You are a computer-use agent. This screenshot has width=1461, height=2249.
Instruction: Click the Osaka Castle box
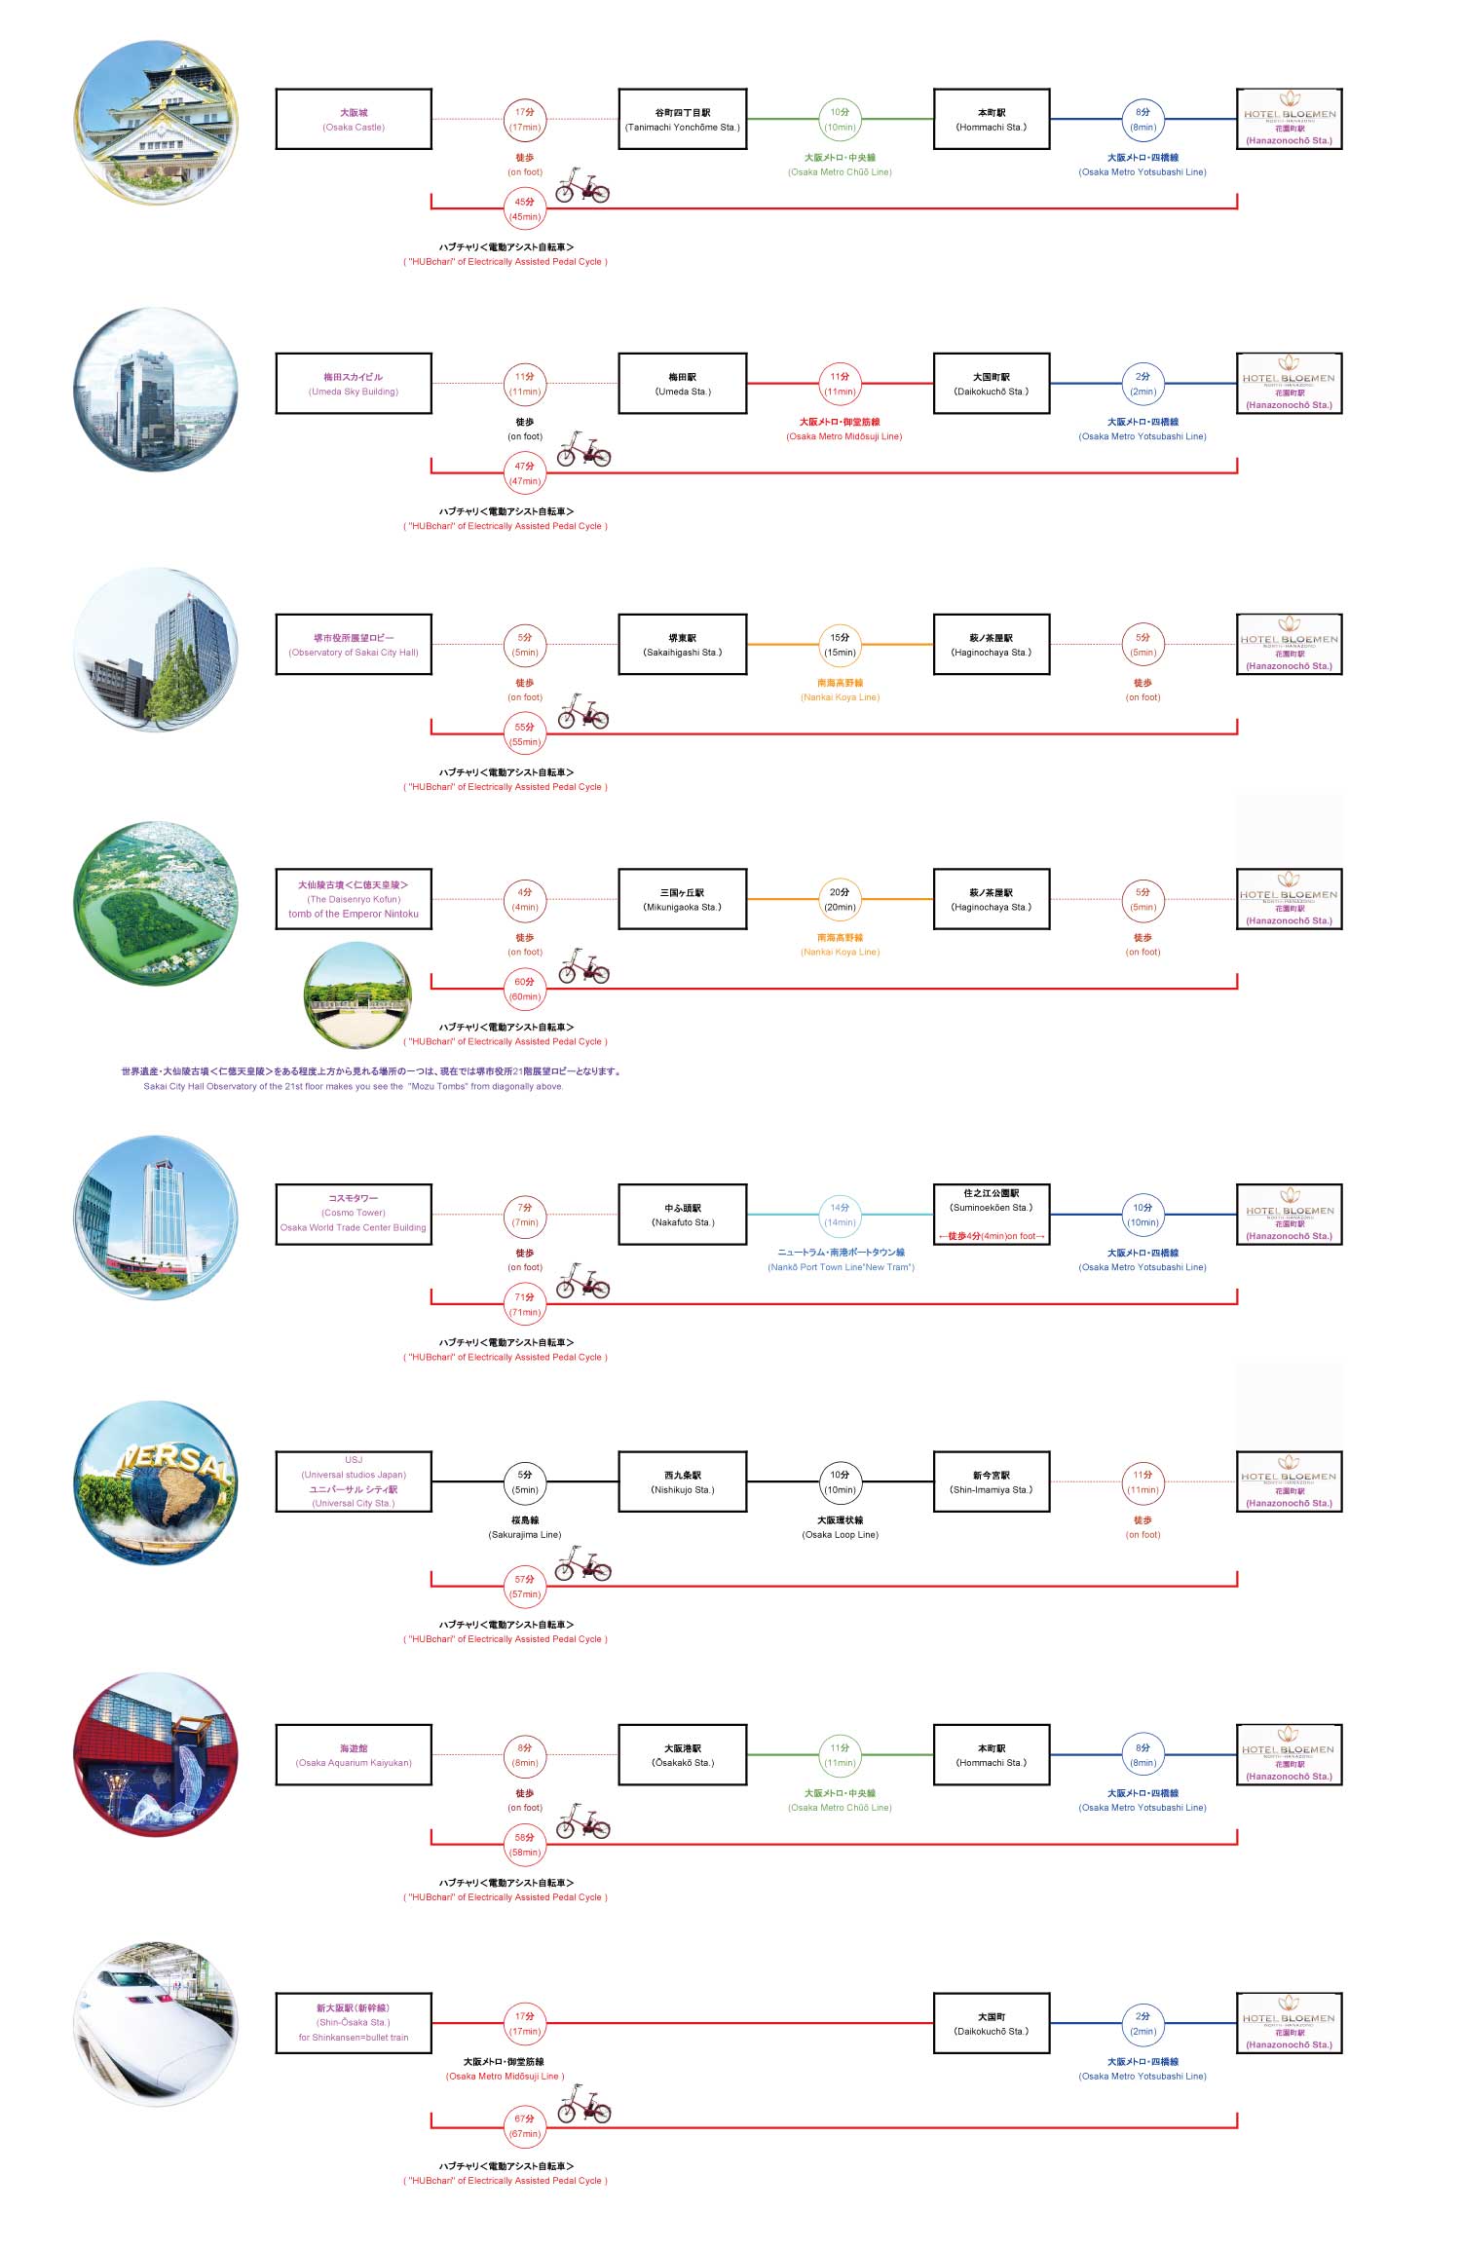(x=354, y=120)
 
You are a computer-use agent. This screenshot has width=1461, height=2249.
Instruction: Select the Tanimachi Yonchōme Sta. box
(x=682, y=120)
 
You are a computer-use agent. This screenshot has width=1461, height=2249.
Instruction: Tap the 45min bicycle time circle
(x=525, y=209)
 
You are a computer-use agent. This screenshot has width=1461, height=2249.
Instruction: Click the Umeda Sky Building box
(x=354, y=384)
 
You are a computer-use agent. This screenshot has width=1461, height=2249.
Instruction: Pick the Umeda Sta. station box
(x=682, y=384)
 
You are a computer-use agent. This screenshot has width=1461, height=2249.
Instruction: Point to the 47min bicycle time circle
(x=525, y=473)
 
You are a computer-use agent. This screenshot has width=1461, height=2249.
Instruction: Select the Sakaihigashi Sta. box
(x=682, y=645)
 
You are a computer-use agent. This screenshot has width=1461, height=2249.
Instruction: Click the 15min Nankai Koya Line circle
(x=840, y=645)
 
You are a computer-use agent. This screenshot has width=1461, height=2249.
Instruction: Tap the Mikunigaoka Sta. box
(x=682, y=899)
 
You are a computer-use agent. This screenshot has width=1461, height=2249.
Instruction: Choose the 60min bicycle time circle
(x=525, y=989)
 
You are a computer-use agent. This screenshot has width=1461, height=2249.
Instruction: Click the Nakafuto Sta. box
(x=682, y=1215)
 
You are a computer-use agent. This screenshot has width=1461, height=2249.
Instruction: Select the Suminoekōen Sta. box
(x=992, y=1215)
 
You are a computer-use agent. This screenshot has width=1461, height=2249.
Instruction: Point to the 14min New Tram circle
(x=840, y=1215)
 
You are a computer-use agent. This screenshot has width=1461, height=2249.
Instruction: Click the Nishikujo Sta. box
(x=682, y=1481)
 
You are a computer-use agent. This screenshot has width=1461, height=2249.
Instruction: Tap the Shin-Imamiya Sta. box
(x=992, y=1481)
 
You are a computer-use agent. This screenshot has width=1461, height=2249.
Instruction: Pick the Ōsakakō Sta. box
(x=682, y=1755)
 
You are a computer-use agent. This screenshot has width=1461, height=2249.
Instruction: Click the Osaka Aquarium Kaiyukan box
(x=354, y=1755)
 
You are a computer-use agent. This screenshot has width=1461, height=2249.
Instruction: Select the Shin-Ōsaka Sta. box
(x=354, y=2023)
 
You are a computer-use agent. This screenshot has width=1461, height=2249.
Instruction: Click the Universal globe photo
(x=156, y=1482)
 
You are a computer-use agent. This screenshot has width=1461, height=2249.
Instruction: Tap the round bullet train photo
(x=156, y=2024)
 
